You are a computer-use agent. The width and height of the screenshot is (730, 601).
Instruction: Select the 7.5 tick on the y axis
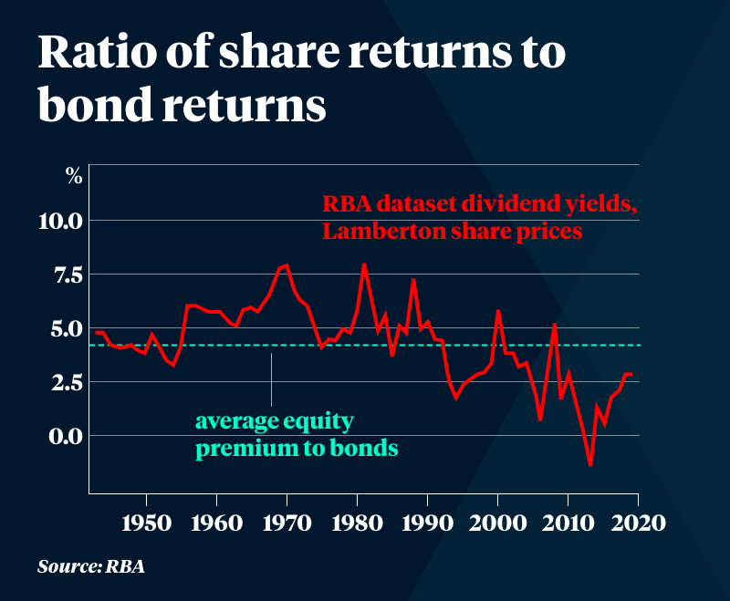pyautogui.click(x=65, y=275)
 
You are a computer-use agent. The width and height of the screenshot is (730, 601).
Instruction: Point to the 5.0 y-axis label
pyautogui.click(x=65, y=328)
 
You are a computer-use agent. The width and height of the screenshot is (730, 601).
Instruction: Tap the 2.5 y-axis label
pyautogui.click(x=65, y=382)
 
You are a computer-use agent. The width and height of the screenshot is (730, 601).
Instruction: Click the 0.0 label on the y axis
pyautogui.click(x=65, y=436)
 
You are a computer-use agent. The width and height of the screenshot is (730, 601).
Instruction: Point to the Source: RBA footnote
pyautogui.click(x=91, y=566)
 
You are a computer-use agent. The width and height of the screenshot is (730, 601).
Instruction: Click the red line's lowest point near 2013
pyautogui.click(x=591, y=465)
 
